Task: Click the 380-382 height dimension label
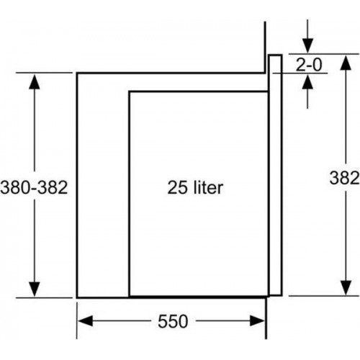click(34, 187)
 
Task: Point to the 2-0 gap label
click(309, 64)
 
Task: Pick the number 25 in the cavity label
click(176, 188)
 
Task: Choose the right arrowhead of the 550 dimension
click(259, 322)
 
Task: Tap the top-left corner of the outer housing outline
click(77, 72)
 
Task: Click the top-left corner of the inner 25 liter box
click(129, 91)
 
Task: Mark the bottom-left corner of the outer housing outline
click(77, 296)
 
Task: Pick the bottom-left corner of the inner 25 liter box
click(129, 296)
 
